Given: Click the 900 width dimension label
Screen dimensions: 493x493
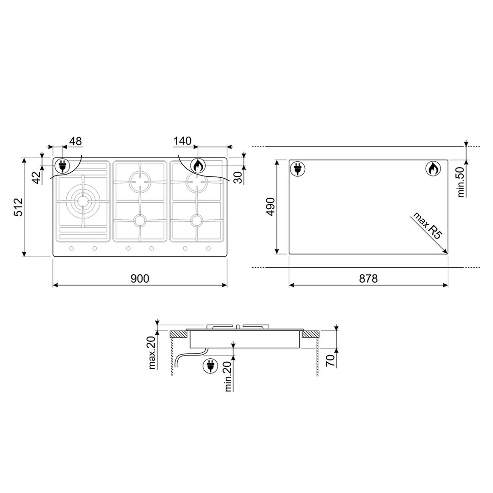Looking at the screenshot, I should tap(140, 278).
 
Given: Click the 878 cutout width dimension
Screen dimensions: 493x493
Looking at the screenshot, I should tap(368, 278).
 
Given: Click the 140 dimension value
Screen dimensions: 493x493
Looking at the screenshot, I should tap(182, 141).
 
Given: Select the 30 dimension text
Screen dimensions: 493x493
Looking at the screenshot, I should tap(238, 176).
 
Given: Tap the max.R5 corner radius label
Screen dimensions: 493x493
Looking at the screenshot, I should tap(428, 226).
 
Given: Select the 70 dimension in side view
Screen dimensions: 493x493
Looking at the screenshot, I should tap(330, 360).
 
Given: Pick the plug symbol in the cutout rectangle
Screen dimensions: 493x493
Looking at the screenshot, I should tap(297, 169).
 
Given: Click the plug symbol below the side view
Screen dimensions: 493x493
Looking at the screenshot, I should tap(211, 366).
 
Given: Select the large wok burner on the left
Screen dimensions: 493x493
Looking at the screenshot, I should tap(82, 201).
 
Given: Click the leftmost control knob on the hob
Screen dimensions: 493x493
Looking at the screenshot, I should tap(72, 249).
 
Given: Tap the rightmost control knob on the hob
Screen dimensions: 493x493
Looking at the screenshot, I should tap(208, 249).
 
